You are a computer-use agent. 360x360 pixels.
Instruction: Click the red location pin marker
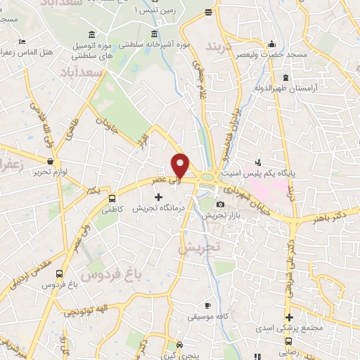(181, 165)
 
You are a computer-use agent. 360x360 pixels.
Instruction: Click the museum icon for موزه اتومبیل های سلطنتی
(94, 36)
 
